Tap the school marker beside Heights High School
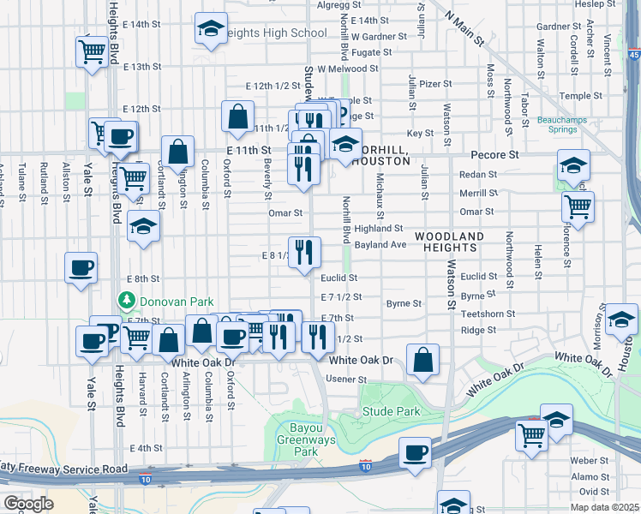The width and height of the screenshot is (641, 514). [211, 30]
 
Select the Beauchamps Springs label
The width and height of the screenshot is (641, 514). [561, 126]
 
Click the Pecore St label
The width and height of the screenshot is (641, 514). [495, 155]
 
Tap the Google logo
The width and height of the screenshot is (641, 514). [28, 503]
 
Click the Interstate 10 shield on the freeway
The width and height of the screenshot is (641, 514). [366, 464]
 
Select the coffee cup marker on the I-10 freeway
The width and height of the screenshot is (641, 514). [415, 453]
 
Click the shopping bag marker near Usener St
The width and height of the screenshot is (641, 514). [422, 361]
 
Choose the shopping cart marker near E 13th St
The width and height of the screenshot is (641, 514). [91, 51]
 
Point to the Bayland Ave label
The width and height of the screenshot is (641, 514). [380, 245]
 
